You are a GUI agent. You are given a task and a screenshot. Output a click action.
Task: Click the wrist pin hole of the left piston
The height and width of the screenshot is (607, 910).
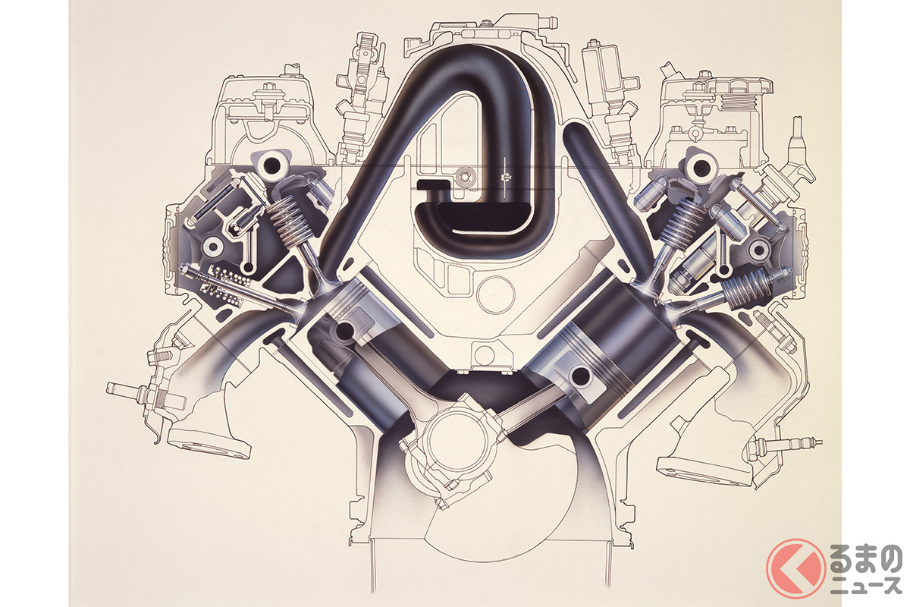[344, 332]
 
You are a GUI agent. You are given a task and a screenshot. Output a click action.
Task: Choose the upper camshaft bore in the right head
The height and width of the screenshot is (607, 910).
[700, 167]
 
